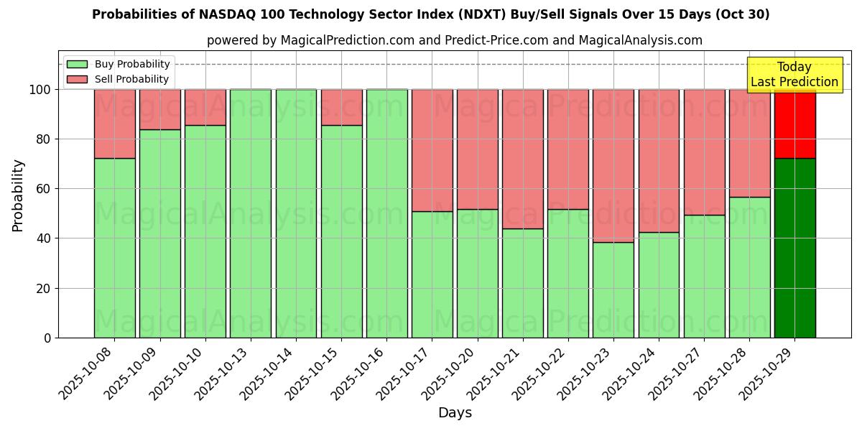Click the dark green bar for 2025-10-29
[794, 248]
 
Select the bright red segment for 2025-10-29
[794, 124]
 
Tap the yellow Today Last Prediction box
[794, 75]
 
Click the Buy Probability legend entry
[119, 64]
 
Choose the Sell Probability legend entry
[119, 79]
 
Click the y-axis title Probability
[18, 195]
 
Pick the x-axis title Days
[455, 413]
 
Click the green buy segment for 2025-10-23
[613, 289]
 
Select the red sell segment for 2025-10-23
[613, 165]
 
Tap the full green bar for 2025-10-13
[251, 213]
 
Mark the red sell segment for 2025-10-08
[115, 124]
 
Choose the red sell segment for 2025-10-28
[749, 143]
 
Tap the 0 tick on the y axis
[47, 338]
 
